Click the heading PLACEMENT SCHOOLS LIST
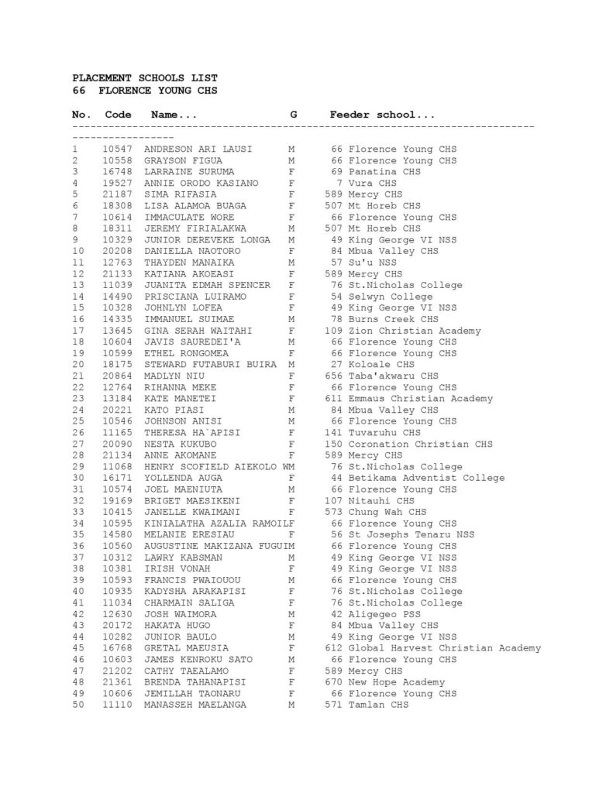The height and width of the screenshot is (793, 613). (145, 78)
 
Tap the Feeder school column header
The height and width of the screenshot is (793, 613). (382, 115)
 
